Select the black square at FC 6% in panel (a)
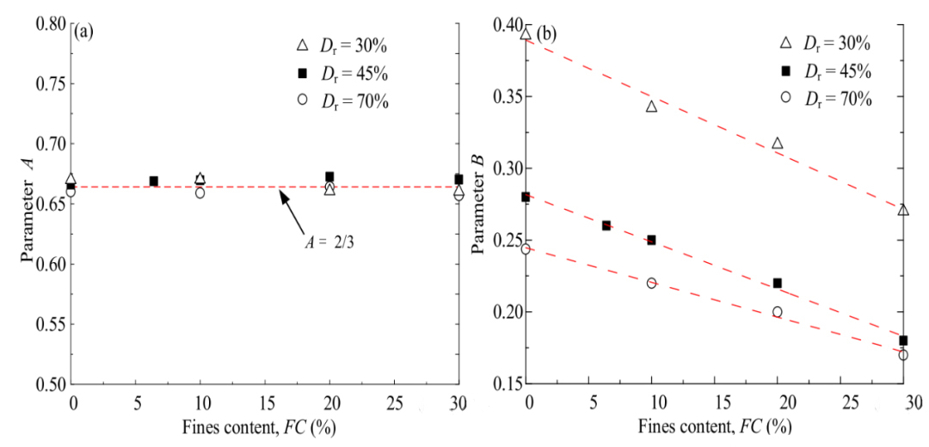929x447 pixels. pos(154,181)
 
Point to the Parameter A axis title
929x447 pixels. pos(28,205)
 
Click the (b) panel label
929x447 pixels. pos(546,34)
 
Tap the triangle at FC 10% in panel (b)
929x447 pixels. pos(651,107)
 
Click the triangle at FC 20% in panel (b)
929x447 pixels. pos(778,144)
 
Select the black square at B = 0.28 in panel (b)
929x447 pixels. pos(526,197)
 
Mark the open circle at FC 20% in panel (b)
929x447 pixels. pos(778,312)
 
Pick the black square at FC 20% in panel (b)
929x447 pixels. pos(778,283)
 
